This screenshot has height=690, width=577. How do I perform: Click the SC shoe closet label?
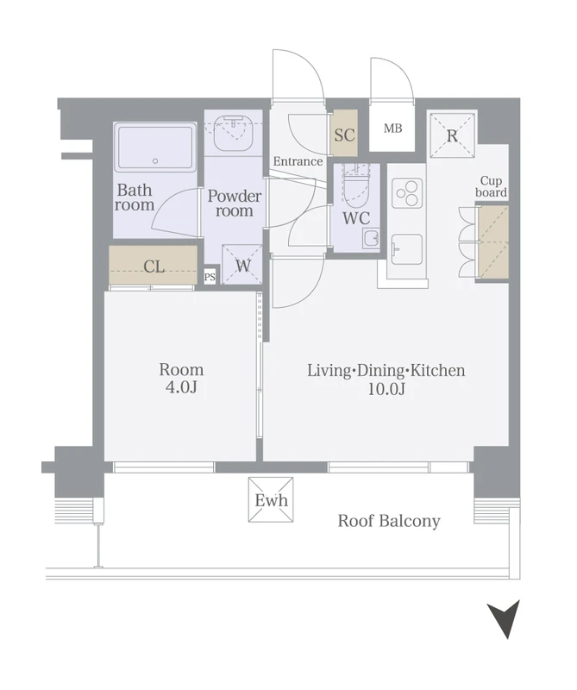point(344,135)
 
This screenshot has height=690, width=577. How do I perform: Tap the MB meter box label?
point(392,129)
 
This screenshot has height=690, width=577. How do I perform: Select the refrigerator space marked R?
point(453,135)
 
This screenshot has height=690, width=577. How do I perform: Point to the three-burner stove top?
point(407,193)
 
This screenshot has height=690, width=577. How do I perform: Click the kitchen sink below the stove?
point(407,249)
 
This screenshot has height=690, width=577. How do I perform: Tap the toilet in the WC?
point(356,186)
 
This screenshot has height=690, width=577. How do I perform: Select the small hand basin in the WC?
point(371,239)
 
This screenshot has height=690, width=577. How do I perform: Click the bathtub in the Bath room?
point(155,147)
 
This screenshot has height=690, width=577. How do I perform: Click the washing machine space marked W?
point(242,265)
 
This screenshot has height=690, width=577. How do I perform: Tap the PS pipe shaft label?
point(210,277)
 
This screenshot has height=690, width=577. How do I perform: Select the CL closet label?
point(154,267)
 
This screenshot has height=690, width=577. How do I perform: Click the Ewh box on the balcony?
point(271,500)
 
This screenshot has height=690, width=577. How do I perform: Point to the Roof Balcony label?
point(389,522)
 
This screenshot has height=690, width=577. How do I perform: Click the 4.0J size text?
point(181,387)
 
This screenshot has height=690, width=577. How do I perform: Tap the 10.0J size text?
point(386,389)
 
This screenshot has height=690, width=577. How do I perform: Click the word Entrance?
point(298,161)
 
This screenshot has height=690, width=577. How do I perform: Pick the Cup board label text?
point(491,186)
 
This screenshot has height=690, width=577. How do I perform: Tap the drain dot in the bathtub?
point(155,161)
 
